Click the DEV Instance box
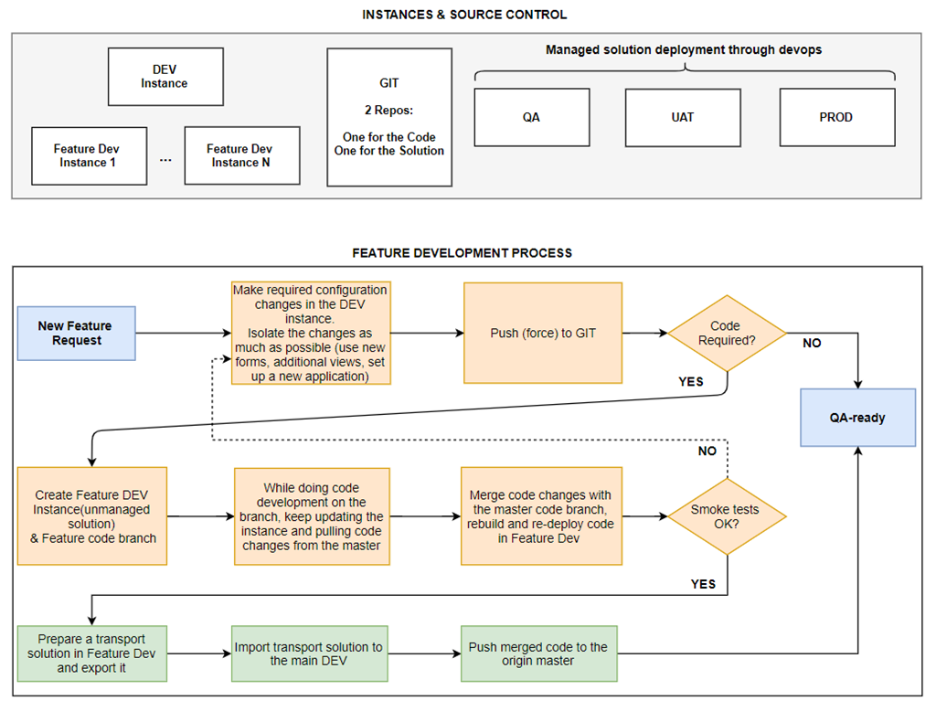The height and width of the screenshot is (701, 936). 165,77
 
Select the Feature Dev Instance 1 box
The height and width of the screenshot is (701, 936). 89,156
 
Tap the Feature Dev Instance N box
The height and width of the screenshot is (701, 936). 241,155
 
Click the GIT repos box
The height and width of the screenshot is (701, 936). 389,117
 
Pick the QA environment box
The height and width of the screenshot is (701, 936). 532,117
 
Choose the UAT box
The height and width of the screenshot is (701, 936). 683,118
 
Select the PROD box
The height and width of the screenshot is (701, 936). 837,117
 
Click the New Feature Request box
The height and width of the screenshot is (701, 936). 77,334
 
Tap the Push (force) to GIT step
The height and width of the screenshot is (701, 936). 543,333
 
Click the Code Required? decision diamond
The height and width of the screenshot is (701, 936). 727,334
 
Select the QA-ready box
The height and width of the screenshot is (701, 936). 857,418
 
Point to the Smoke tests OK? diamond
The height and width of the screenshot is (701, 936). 727,516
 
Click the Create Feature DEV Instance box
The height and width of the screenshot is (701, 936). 92,515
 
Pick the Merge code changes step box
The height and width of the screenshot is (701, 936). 541,515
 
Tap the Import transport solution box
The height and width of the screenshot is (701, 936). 309,653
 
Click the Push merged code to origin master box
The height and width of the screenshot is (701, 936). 538,653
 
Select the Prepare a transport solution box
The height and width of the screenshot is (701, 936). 92,653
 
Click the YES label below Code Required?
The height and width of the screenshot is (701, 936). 691,381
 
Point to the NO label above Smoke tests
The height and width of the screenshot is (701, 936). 707,451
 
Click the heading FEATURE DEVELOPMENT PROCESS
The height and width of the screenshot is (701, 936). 462,253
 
